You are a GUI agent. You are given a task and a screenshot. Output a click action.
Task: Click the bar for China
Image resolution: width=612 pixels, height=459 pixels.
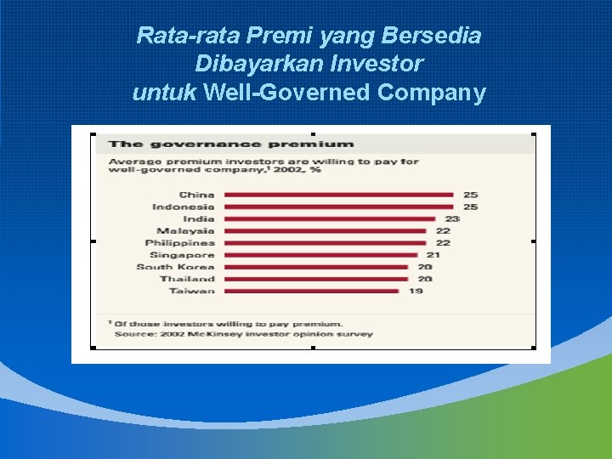[x=338, y=195]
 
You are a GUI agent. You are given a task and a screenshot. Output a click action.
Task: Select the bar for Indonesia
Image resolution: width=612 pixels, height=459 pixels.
[x=338, y=207]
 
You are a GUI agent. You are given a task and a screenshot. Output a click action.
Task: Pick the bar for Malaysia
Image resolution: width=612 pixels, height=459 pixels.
[x=325, y=231]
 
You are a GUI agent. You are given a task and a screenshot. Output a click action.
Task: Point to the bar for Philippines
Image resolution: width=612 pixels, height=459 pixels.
[x=325, y=243]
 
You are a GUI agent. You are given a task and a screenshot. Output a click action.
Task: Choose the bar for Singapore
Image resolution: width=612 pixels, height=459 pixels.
[x=320, y=255]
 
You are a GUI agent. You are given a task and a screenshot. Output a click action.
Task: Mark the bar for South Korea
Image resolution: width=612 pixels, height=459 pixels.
[x=316, y=267]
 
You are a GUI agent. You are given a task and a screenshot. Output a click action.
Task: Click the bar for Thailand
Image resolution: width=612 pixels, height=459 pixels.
[x=316, y=279]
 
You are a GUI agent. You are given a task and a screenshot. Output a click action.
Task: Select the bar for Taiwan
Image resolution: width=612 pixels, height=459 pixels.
[x=311, y=291]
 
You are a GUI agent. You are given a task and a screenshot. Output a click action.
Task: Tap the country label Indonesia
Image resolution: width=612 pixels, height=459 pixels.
[x=183, y=207]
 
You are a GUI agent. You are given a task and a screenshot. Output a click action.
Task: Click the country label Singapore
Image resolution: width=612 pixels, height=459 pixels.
[x=182, y=255]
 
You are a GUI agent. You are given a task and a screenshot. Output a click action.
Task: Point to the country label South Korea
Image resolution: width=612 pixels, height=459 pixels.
[x=175, y=267]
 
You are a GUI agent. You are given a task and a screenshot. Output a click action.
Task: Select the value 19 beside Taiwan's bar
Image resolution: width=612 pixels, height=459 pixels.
[x=416, y=291]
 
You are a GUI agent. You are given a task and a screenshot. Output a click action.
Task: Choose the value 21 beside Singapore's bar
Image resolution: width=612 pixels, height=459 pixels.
[x=433, y=255]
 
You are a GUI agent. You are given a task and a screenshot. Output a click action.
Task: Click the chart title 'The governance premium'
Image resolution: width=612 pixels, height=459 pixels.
[x=230, y=144]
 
